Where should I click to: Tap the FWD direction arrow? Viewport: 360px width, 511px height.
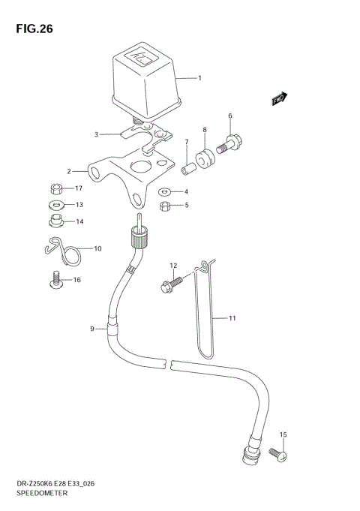coord(279,98)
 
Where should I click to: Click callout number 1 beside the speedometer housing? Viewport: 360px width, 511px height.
coord(199,77)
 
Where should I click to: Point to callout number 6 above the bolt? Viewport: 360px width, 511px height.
coord(230,116)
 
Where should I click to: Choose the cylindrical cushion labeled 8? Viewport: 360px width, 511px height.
coord(204,159)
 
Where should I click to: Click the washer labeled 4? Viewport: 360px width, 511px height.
coord(164,191)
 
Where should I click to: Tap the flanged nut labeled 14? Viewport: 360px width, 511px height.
coord(54,220)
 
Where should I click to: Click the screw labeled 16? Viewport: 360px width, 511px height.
coord(55,279)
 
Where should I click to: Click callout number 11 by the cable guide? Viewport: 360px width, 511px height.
coord(232,318)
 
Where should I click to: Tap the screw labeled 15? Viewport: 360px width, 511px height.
coord(276,454)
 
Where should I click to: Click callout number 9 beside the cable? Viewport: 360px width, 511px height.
coord(92,329)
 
